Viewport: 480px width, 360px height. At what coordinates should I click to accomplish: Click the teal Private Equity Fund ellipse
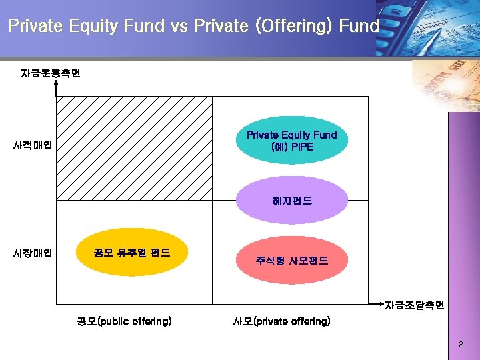point(291,141)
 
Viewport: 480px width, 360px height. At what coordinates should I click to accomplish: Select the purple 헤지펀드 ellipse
point(291,200)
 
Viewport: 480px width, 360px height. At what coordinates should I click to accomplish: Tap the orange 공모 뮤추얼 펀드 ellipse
point(132,253)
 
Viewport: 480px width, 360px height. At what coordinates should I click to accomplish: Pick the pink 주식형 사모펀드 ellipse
point(291,260)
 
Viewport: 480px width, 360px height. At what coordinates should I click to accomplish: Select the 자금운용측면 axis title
point(51,73)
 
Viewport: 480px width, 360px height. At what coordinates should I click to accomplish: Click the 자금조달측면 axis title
point(414,305)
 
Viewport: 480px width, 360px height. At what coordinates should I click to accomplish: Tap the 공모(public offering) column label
point(124,321)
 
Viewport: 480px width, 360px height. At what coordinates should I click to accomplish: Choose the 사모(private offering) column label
point(281,321)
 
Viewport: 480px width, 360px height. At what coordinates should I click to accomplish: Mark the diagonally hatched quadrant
point(133,148)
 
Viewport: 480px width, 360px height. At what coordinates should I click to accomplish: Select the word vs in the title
point(179,26)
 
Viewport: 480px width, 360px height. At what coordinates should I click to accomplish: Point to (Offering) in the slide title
point(292,26)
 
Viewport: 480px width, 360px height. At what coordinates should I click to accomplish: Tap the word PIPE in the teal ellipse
point(301,147)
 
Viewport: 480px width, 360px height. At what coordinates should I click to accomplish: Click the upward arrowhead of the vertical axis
point(56,83)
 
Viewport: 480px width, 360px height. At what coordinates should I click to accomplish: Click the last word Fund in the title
point(359,26)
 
